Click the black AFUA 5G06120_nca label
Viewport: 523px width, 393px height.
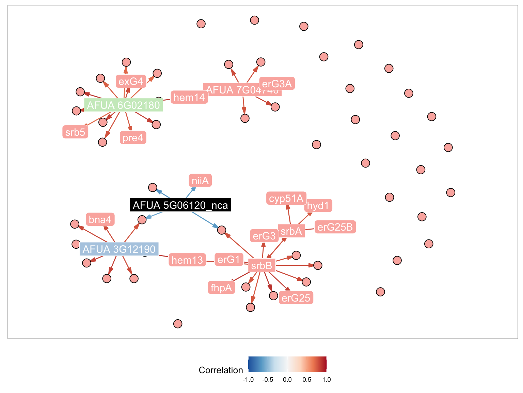pos(180,205)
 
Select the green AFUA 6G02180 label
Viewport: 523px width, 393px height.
pos(123,105)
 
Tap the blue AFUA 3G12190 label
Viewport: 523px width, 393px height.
pos(119,249)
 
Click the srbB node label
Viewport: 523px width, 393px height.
pos(261,265)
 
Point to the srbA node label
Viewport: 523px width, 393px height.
pos(291,231)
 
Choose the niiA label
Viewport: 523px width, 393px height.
pos(200,180)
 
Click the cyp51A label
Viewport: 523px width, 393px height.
pos(286,199)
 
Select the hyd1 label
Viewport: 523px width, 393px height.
pos(318,206)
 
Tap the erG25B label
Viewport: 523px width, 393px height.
pos(335,227)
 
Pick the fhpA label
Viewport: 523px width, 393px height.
pos(221,288)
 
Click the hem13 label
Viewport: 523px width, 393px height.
pos(187,260)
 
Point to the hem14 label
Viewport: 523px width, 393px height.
pos(189,98)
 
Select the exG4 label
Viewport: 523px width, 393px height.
pos(131,82)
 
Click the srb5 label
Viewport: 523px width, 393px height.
pos(75,132)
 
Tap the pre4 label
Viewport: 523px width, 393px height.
pos(133,138)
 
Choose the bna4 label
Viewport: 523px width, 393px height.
pos(100,219)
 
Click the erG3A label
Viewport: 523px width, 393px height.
pos(277,84)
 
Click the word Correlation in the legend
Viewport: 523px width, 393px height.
pos(221,370)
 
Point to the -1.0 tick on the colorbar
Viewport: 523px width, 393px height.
pos(248,380)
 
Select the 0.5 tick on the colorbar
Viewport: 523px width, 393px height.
pos(307,380)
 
